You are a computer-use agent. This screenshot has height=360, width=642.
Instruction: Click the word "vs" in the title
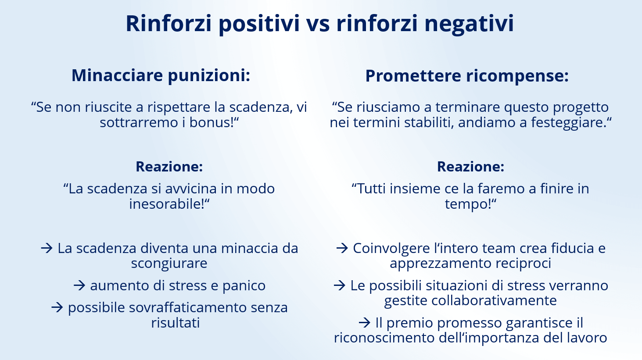coord(318,24)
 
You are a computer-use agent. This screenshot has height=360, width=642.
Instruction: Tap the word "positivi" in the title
coord(259,24)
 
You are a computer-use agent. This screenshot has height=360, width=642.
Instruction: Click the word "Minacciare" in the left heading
coord(117,75)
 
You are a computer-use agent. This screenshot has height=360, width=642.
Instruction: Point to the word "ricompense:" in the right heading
coord(517,76)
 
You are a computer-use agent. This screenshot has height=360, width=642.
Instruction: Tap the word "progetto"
coord(581,107)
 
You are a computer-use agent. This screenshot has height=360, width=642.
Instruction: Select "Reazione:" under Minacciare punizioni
coord(169,166)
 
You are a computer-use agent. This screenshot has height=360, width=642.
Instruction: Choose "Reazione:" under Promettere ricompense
coord(470,166)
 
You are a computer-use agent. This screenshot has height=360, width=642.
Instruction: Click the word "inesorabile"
coord(166,203)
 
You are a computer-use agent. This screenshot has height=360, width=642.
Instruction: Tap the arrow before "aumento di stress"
coord(79,285)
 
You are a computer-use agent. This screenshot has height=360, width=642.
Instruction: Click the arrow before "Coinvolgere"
coord(342,248)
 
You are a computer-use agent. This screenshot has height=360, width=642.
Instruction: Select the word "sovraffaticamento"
coord(188,307)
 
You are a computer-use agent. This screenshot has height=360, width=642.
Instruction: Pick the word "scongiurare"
coord(169,263)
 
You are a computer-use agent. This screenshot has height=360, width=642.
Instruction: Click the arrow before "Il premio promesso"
coord(364,323)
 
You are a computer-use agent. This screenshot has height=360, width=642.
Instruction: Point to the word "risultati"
coord(176,322)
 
